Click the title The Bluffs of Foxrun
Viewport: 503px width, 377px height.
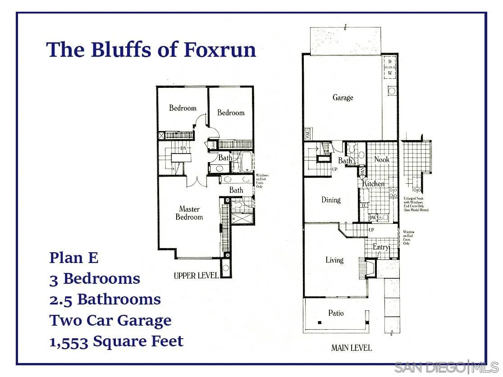pos(151,50)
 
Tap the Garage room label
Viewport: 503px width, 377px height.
pos(343,97)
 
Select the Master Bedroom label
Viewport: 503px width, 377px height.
pos(189,213)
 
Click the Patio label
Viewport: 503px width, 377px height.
pos(336,313)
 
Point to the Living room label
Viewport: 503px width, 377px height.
pos(334,260)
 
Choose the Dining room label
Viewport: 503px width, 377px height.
pos(331,200)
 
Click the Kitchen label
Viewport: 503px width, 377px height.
pos(374,184)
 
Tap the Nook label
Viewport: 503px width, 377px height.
pos(382,159)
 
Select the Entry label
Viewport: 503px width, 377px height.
pos(381,247)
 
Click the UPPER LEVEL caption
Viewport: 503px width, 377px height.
pos(196,275)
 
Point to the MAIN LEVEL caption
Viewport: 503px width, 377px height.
pos(352,348)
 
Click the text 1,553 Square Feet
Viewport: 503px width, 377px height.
pos(116,341)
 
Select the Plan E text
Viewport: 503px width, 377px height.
pos(73,258)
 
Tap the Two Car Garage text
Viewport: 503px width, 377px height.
pos(110,320)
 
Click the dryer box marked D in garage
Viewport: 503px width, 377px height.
pos(389,61)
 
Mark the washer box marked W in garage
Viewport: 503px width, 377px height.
pos(389,73)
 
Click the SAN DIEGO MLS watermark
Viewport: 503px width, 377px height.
pos(446,367)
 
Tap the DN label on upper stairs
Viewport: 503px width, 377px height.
pos(183,148)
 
